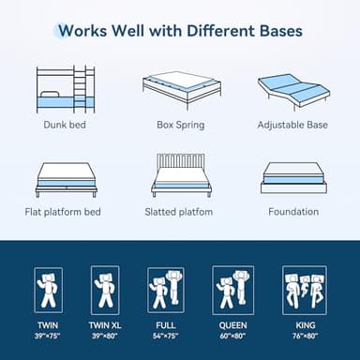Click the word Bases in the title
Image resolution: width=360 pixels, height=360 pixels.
point(275,30)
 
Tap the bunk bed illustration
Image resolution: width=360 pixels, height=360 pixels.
point(65,88)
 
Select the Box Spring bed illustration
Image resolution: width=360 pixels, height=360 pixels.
point(181,88)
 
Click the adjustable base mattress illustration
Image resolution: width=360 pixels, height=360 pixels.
point(293,88)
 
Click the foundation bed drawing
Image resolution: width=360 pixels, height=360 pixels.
point(293,177)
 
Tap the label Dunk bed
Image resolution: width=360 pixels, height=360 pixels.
point(66,124)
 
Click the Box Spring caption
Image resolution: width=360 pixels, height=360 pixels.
point(180,124)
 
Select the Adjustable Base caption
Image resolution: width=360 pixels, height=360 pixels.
point(293,124)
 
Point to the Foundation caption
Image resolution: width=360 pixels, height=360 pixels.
point(293,212)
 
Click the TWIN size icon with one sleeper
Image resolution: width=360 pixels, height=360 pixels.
point(48,290)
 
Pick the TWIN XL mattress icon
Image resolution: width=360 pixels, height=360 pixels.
point(105,290)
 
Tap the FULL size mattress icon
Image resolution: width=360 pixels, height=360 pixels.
point(165,290)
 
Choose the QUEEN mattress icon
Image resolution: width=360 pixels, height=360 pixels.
point(233,290)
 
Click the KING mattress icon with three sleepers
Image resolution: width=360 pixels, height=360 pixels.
point(304,290)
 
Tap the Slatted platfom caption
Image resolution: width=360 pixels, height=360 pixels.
point(180,212)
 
